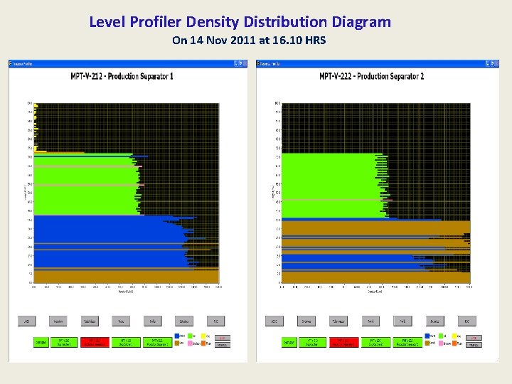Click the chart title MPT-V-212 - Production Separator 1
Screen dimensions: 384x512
point(122,76)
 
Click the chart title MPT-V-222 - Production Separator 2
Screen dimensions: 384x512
point(371,76)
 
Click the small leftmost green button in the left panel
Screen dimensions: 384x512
point(42,343)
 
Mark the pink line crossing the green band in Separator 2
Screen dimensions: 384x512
point(331,200)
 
